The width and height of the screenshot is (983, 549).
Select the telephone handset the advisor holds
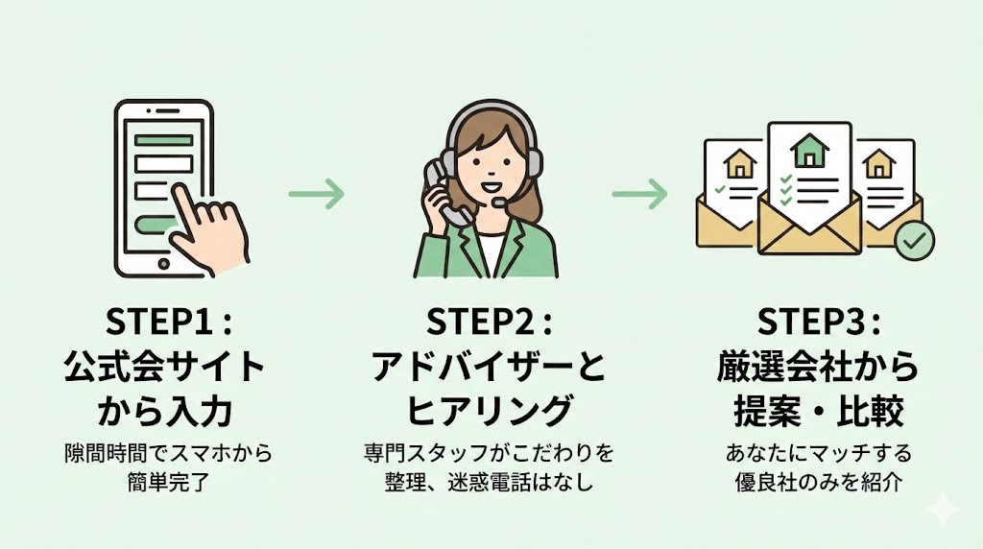441,192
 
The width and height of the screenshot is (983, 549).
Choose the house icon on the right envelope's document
876,165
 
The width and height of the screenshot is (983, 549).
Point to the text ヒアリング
490,411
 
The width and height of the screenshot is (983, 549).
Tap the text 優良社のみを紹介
818,480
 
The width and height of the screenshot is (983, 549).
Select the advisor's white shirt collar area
491,251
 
